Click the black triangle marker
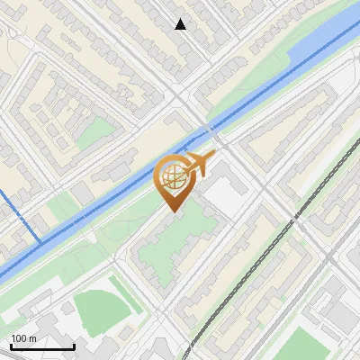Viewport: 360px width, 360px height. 181,24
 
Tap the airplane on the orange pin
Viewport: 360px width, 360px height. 200,165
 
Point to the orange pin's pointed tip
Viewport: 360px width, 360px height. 172,211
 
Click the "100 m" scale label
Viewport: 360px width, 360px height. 23,338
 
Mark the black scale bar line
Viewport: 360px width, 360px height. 41,346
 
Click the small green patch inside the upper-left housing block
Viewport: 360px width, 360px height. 94,133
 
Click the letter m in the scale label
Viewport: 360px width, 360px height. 32,338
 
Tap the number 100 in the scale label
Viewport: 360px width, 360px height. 19,338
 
